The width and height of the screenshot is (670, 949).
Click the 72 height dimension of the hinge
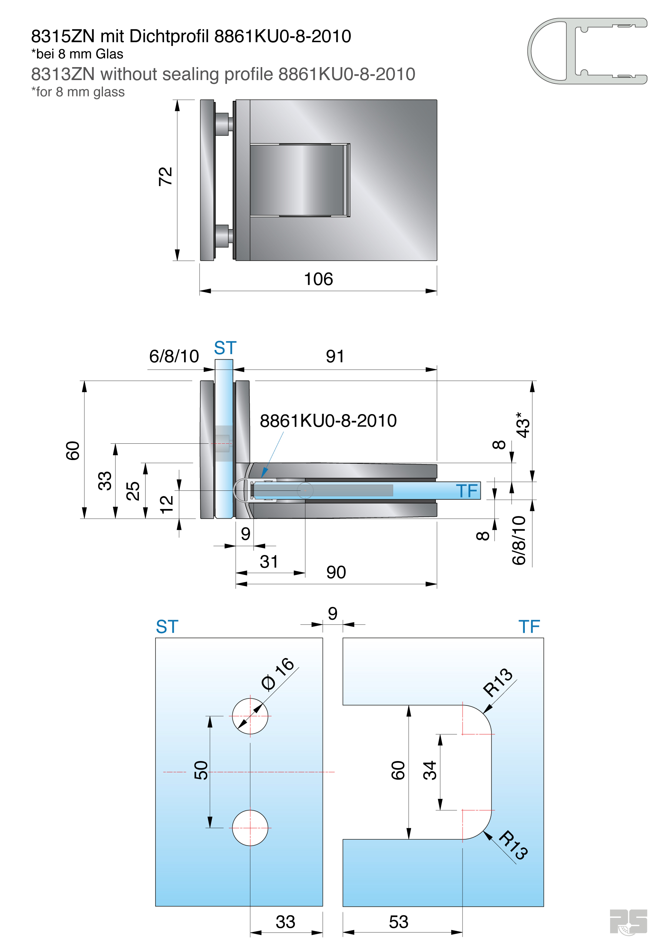point(165,176)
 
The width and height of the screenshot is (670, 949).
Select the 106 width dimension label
point(318,279)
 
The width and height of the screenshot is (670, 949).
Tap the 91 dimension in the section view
point(334,356)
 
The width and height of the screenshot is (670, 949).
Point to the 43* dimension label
point(523,425)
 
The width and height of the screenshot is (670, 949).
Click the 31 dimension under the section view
point(269,562)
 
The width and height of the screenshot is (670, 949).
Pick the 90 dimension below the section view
point(336,572)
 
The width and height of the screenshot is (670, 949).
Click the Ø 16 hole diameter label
point(277,673)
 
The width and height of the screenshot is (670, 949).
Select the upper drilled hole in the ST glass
point(250,716)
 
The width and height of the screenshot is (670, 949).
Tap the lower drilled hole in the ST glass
point(250,828)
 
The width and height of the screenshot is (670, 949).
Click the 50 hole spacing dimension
point(201,770)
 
